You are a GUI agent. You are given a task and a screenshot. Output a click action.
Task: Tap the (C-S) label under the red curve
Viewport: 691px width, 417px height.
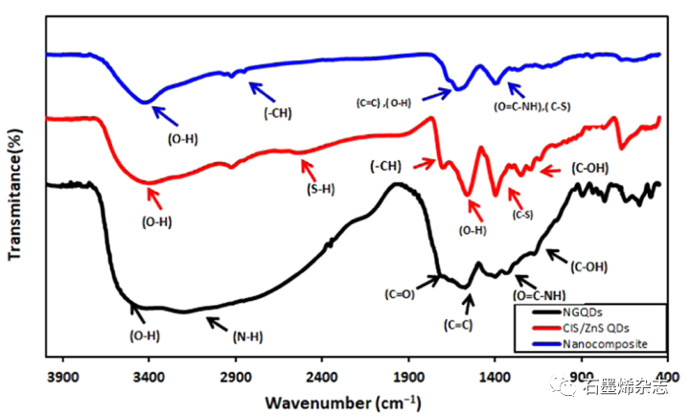pos(522,215)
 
